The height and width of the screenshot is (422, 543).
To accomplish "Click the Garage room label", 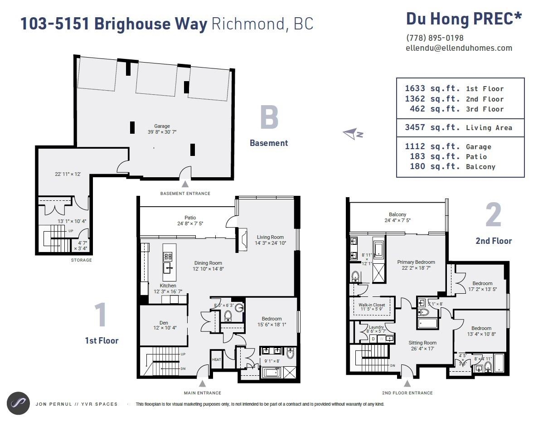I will click(162, 126).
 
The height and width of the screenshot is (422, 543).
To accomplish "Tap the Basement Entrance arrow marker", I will click(185, 184).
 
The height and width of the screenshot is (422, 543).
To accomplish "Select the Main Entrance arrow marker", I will click(203, 383).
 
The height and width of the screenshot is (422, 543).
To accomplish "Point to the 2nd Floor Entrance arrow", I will click(407, 383).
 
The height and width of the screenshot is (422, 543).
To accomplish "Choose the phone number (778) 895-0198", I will click(435, 38).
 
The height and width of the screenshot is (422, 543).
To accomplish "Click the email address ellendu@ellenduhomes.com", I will click(459, 48).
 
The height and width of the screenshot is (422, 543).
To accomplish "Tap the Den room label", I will click(163, 323).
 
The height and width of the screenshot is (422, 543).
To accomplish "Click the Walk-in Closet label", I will click(372, 305).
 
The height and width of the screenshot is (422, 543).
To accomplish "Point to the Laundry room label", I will click(376, 327).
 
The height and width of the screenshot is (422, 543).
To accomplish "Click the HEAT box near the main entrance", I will click(216, 359).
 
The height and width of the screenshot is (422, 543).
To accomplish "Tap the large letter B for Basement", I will click(269, 118).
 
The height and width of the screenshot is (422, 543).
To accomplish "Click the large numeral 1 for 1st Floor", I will click(101, 315).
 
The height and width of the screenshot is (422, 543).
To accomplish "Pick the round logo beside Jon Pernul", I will click(18, 403).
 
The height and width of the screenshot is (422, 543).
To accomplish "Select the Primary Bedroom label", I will click(416, 262).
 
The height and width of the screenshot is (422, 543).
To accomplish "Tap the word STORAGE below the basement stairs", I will click(81, 260).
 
